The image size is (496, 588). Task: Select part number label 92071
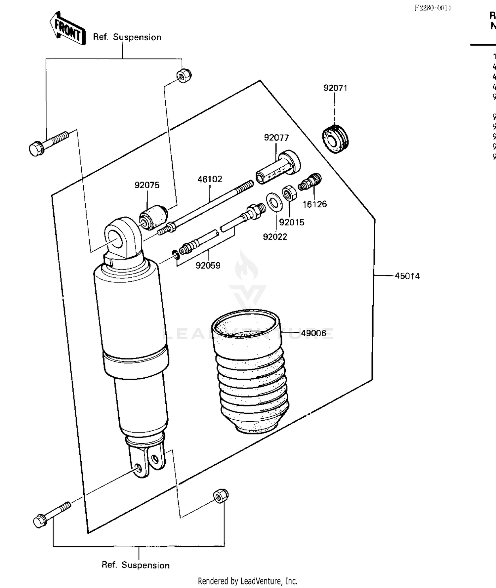tap(335, 88)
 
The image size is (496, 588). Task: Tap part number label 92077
tap(276, 138)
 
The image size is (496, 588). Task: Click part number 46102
tap(210, 179)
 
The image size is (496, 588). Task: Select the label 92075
tap(147, 185)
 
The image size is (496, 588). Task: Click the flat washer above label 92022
tap(274, 201)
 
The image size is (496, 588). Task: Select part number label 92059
tap(208, 266)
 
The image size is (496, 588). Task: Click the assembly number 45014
tap(407, 276)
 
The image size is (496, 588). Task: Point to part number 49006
tap(313, 333)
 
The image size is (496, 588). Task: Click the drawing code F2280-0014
tap(433, 8)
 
